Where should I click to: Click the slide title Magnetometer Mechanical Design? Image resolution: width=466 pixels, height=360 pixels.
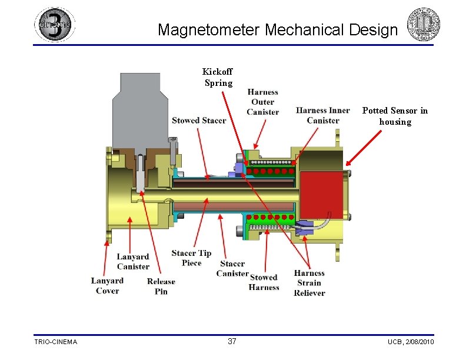pyautogui.click(x=278, y=29)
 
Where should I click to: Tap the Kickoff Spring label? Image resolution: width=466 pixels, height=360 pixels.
pyautogui.click(x=218, y=78)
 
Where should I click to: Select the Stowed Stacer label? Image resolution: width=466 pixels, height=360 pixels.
pyautogui.click(x=199, y=121)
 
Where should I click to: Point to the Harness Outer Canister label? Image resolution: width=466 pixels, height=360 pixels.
pyautogui.click(x=262, y=102)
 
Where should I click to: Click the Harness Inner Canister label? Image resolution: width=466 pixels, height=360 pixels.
pyautogui.click(x=323, y=115)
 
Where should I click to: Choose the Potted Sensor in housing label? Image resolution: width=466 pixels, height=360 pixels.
pyautogui.click(x=395, y=116)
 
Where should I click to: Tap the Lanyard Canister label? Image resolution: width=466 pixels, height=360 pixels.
pyautogui.click(x=133, y=261)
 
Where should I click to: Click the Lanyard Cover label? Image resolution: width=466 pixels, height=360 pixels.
pyautogui.click(x=107, y=286)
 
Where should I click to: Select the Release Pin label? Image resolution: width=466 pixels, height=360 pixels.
pyautogui.click(x=161, y=286)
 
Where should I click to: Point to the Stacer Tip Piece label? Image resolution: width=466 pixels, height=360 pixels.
pyautogui.click(x=191, y=258)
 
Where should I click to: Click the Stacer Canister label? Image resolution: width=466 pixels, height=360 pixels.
pyautogui.click(x=232, y=268)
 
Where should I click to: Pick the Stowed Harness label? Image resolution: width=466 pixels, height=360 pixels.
pyautogui.click(x=264, y=282)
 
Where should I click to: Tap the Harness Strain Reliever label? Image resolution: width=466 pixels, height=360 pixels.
pyautogui.click(x=309, y=283)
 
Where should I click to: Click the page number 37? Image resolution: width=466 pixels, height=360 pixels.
pyautogui.click(x=232, y=342)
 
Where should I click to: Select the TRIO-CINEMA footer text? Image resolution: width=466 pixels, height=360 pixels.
pyautogui.click(x=55, y=342)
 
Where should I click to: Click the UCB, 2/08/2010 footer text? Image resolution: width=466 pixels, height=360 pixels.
pyautogui.click(x=411, y=342)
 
